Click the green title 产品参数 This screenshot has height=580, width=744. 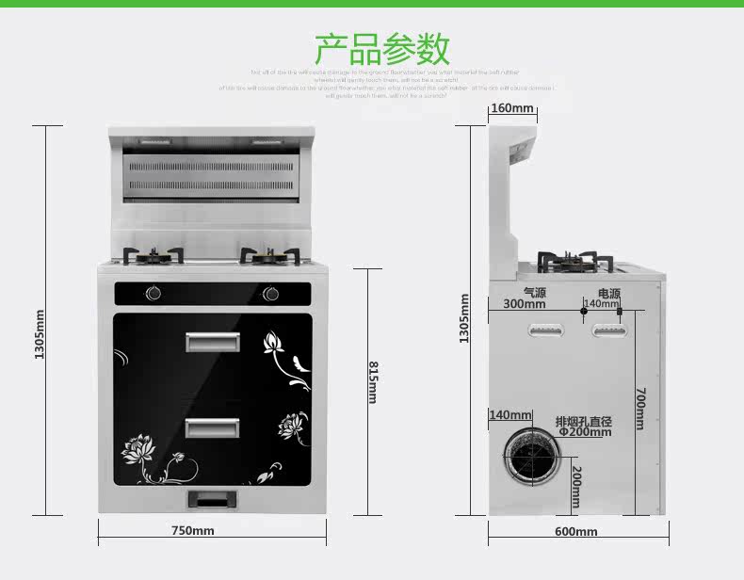click(x=381, y=48)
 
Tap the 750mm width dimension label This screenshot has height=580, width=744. click(x=192, y=531)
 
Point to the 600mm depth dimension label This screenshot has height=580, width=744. click(x=575, y=532)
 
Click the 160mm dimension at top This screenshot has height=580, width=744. click(x=512, y=108)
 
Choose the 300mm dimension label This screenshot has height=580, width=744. click(x=524, y=304)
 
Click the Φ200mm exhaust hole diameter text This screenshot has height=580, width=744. click(x=584, y=432)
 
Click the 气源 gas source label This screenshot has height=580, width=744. click(x=535, y=292)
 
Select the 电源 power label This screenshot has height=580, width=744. click(x=608, y=293)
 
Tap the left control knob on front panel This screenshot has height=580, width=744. click(x=153, y=294)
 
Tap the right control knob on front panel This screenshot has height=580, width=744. click(x=271, y=294)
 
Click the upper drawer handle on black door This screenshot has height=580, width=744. click(x=212, y=343)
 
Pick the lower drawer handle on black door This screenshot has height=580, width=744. click(x=212, y=427)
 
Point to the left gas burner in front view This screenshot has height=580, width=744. click(x=153, y=255)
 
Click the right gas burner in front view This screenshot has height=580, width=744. click(x=268, y=255)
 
